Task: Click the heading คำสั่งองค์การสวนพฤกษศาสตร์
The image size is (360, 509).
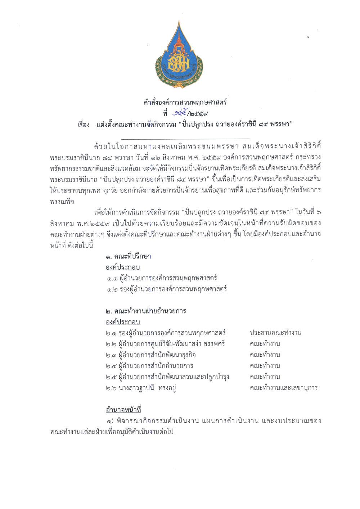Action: [x=185, y=102]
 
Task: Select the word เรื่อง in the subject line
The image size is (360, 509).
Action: [x=84, y=125]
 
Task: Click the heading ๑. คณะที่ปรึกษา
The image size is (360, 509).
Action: [x=129, y=256]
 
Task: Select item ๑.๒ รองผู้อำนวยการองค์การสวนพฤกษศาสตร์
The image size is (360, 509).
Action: [x=167, y=289]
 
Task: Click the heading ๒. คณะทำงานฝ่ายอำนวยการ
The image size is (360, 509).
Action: [x=146, y=311]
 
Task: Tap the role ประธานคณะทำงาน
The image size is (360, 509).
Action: [x=275, y=333]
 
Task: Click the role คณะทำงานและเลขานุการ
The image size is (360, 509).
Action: [x=283, y=388]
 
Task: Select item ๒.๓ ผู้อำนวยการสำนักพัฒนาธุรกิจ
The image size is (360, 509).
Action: [x=150, y=355]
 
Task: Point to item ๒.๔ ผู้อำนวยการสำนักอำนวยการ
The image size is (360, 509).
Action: [x=149, y=366]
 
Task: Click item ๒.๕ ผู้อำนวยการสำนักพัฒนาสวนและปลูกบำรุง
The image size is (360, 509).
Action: [x=167, y=377]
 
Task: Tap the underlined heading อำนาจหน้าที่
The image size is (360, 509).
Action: [x=123, y=410]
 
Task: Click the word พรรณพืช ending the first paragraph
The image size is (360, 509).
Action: [x=62, y=201]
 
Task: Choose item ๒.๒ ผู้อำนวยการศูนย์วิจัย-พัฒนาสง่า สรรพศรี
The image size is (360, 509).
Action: [x=165, y=344]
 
